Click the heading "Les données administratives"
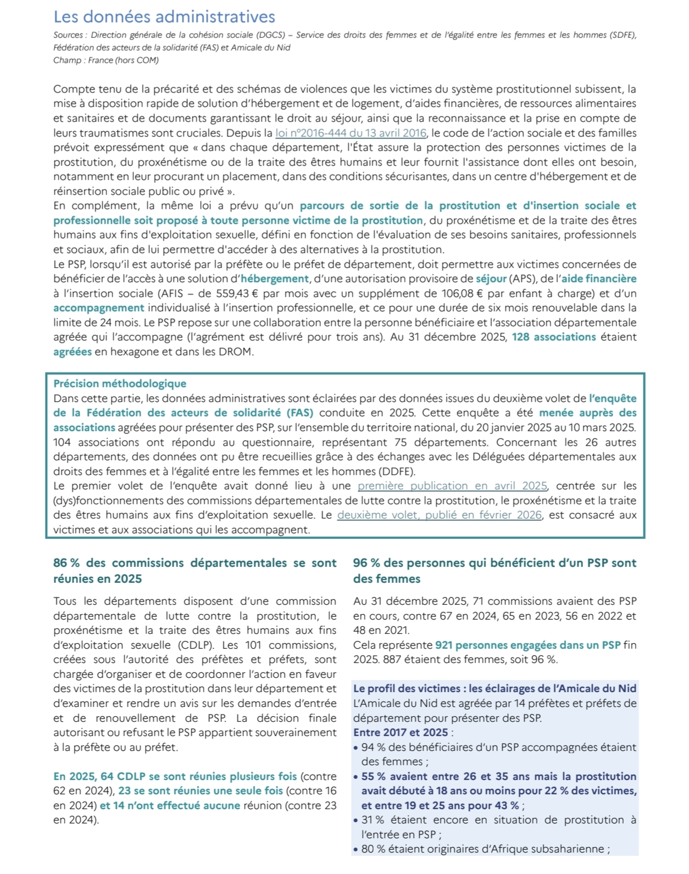[164, 17]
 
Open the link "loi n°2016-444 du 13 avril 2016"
[351, 133]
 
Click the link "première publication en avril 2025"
[452, 486]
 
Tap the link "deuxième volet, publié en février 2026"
[439, 515]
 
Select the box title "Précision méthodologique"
[120, 384]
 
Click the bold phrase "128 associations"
[554, 337]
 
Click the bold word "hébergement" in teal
[275, 279]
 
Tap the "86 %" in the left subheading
[66, 563]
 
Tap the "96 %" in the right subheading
[366, 563]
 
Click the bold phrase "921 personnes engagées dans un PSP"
[527, 645]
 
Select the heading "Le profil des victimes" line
[494, 689]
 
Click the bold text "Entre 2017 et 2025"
[401, 733]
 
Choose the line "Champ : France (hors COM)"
[106, 60]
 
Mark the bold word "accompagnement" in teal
[99, 308]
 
